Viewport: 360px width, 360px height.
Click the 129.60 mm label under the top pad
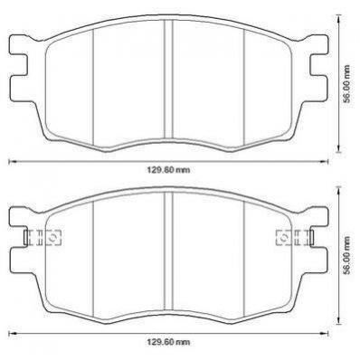click(x=168, y=170)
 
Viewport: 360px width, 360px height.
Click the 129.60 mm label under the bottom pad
click(x=168, y=342)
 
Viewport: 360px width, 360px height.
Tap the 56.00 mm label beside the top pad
click(x=348, y=84)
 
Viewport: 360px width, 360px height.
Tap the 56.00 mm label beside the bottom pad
click(x=348, y=255)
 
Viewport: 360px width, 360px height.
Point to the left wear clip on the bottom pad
click(x=43, y=238)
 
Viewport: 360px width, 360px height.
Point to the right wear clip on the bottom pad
click(x=295, y=238)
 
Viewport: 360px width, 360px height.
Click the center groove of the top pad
click(x=168, y=80)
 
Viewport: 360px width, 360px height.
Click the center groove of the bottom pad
click(x=168, y=251)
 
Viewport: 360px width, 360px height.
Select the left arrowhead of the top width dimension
click(x=11, y=162)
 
